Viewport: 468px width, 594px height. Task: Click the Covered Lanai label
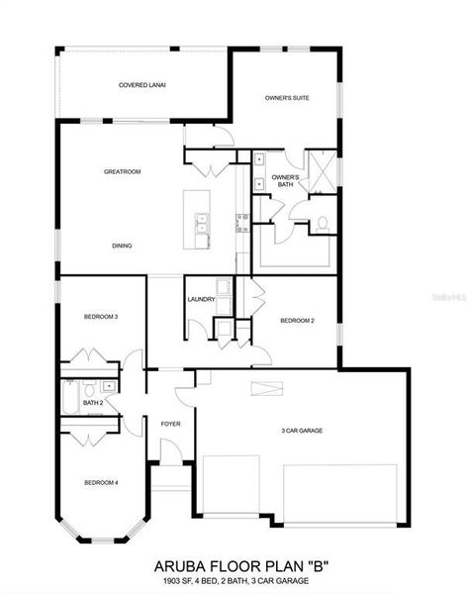pos(141,85)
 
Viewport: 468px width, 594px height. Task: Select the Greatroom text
pos(123,171)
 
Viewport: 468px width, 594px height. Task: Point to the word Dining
pos(122,246)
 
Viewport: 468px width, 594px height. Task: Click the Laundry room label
pos(201,299)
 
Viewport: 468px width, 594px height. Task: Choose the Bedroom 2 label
pos(297,321)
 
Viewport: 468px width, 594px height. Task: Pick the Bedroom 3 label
pos(101,316)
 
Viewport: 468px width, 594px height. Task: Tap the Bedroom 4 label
pos(101,482)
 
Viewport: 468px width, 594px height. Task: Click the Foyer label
pos(170,424)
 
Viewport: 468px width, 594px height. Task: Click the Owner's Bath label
pos(285,181)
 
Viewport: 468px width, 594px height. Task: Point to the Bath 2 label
pos(93,403)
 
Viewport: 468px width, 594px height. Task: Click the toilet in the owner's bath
pos(323,223)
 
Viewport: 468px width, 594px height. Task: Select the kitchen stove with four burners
pos(241,222)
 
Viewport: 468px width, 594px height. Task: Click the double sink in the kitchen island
pos(202,229)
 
